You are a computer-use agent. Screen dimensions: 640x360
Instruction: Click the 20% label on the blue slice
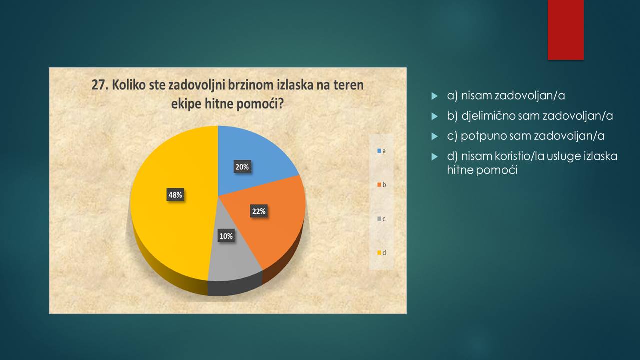pyautogui.click(x=242, y=167)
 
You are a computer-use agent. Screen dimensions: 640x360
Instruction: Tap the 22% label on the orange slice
pyautogui.click(x=259, y=211)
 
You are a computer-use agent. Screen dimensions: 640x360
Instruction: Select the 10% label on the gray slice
pyautogui.click(x=226, y=236)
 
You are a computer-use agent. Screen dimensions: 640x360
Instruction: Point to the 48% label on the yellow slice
pyautogui.click(x=175, y=195)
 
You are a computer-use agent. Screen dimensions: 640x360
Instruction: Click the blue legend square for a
pyautogui.click(x=379, y=151)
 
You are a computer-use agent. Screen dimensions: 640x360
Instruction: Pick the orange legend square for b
pyautogui.click(x=379, y=185)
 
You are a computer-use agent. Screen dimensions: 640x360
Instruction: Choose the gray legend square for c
pyautogui.click(x=379, y=219)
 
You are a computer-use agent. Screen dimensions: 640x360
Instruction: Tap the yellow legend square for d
pyautogui.click(x=379, y=253)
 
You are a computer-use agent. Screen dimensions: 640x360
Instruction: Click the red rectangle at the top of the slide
pyautogui.click(x=565, y=30)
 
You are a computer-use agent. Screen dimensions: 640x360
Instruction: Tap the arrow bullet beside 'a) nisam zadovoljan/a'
pyautogui.click(x=434, y=96)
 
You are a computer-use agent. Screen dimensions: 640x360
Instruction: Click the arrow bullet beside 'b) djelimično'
pyautogui.click(x=434, y=116)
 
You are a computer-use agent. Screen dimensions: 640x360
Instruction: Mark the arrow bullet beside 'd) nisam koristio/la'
pyautogui.click(x=434, y=157)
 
